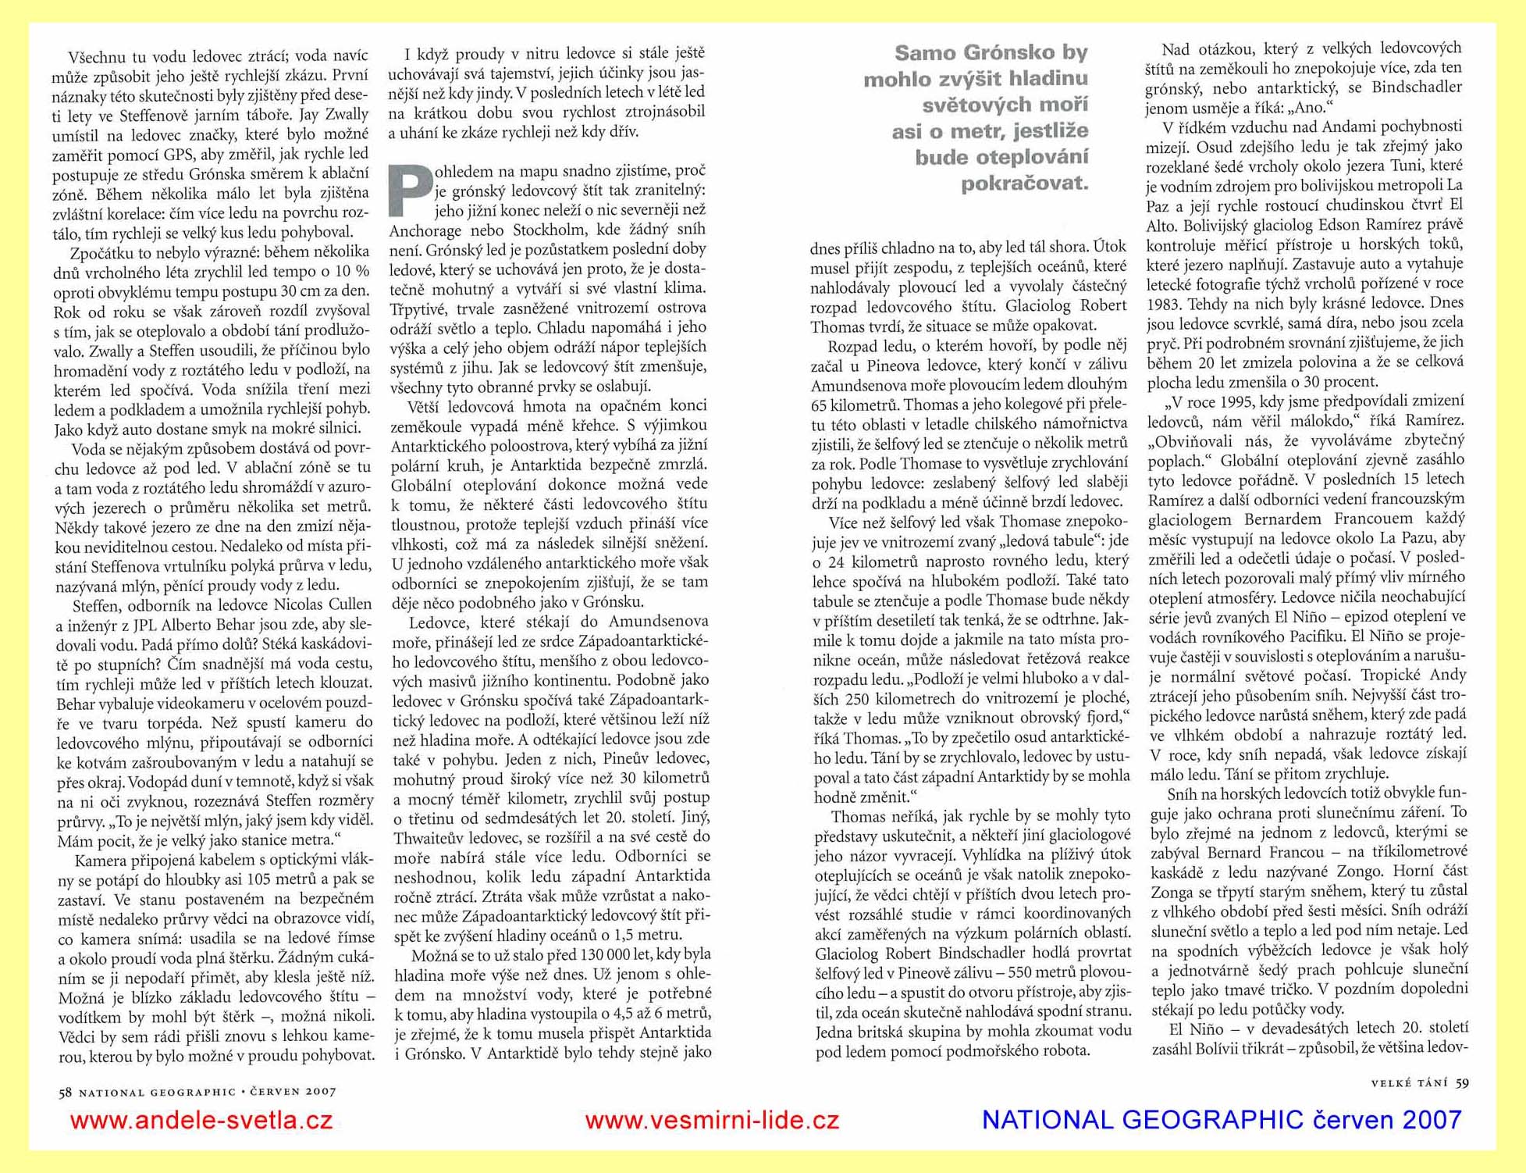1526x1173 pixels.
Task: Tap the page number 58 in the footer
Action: pyautogui.click(x=65, y=1093)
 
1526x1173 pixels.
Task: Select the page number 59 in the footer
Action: pyautogui.click(x=1462, y=1082)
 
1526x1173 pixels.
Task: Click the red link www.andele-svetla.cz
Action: pyautogui.click(x=201, y=1121)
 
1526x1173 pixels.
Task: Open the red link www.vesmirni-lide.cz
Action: pyautogui.click(x=712, y=1121)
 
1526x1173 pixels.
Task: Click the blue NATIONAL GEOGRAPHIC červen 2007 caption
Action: pyautogui.click(x=1221, y=1120)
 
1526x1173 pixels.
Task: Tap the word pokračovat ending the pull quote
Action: pyautogui.click(x=1024, y=184)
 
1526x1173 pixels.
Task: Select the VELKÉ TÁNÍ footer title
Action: pyautogui.click(x=1409, y=1083)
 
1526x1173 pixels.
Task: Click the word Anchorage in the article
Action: pyautogui.click(x=428, y=230)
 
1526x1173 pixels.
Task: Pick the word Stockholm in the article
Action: pyautogui.click(x=549, y=230)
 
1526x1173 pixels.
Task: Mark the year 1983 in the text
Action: pyautogui.click(x=1164, y=303)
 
